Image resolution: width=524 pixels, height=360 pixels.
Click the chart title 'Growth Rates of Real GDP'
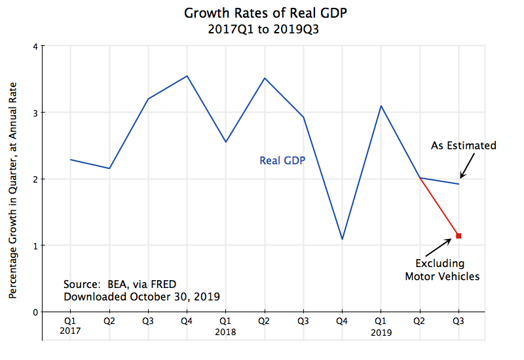(x=261, y=13)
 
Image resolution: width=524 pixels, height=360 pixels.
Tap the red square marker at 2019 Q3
(x=458, y=236)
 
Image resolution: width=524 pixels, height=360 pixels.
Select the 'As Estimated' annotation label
(x=464, y=145)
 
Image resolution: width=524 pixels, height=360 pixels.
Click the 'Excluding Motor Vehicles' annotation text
(x=442, y=270)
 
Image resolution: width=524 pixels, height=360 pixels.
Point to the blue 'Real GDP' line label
(x=282, y=160)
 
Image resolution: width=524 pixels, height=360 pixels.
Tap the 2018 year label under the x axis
(x=225, y=332)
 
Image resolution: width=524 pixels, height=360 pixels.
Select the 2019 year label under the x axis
(x=381, y=332)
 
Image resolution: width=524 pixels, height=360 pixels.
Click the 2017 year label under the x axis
(x=70, y=332)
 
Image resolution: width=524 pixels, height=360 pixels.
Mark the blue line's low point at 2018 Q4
(x=342, y=239)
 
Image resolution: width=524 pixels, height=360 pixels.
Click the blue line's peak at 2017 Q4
(x=187, y=76)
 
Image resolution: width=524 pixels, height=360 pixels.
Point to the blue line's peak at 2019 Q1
(x=381, y=106)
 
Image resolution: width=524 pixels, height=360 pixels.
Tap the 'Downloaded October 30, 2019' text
(x=141, y=297)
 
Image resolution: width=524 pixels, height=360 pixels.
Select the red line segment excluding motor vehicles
(x=440, y=207)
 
